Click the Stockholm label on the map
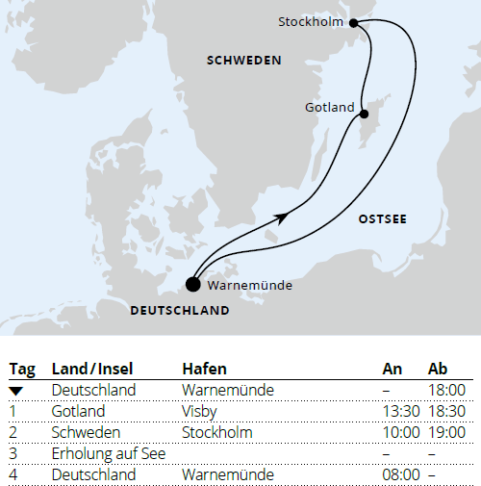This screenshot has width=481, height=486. click(x=312, y=22)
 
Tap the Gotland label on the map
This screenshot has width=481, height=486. click(x=328, y=107)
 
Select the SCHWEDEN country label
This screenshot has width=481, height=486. click(x=244, y=61)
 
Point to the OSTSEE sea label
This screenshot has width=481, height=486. click(x=382, y=219)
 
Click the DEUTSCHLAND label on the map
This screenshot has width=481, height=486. click(x=180, y=311)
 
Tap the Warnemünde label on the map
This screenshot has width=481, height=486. click(x=250, y=285)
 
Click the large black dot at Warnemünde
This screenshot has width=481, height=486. click(x=193, y=284)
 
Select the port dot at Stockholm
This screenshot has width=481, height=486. click(x=354, y=23)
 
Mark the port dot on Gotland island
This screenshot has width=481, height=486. click(x=364, y=115)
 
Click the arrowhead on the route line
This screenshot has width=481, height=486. click(x=281, y=217)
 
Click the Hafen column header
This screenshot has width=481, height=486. click(x=203, y=370)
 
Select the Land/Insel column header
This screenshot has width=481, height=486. click(x=93, y=370)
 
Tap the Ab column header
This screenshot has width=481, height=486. click(x=438, y=370)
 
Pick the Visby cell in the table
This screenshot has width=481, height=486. click(x=198, y=411)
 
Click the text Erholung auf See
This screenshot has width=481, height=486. click(x=109, y=453)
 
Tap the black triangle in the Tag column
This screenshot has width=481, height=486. click(x=16, y=390)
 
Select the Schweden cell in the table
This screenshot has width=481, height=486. click(x=81, y=432)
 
